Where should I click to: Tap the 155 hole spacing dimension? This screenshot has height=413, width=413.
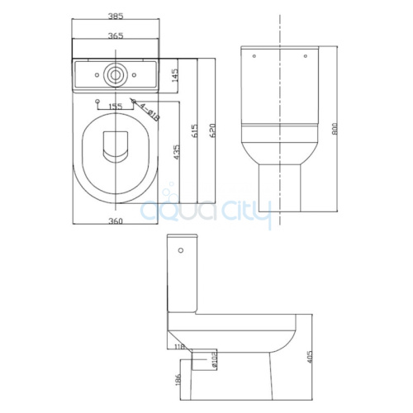tap(114, 107)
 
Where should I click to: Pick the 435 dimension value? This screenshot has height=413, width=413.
tap(175, 153)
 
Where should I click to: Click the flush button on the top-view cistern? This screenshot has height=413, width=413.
tap(114, 74)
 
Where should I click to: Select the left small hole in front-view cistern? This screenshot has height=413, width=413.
tap(254, 55)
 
